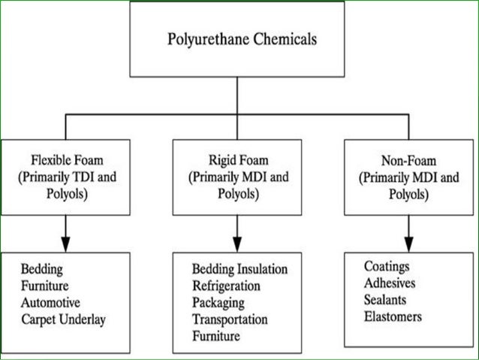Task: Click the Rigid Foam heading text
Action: click(239, 160)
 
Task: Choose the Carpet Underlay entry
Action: click(64, 319)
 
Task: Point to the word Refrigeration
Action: click(226, 286)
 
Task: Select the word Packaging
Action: click(218, 303)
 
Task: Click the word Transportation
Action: click(230, 319)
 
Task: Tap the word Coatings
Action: click(387, 267)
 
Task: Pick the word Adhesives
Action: click(390, 283)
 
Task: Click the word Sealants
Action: click(387, 300)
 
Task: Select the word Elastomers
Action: click(392, 316)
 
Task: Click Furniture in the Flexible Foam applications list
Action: click(47, 286)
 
